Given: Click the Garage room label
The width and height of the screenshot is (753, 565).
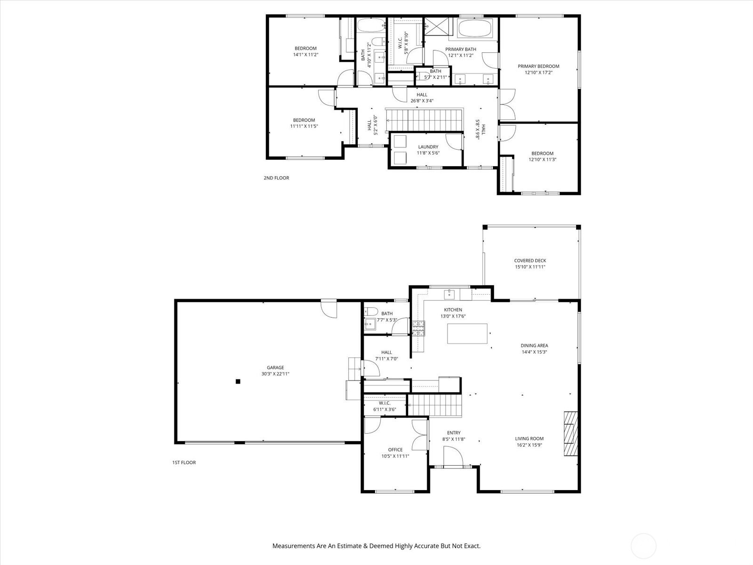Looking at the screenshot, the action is (x=275, y=367).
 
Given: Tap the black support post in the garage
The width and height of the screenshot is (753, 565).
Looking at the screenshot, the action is (x=238, y=381).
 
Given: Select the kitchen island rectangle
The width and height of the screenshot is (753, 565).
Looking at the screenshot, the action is (x=467, y=333).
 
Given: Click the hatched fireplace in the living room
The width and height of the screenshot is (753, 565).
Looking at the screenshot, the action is (x=570, y=434).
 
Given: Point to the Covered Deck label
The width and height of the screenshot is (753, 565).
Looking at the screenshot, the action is (x=530, y=261).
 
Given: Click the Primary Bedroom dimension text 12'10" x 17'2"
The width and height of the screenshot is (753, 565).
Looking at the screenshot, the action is (x=538, y=73).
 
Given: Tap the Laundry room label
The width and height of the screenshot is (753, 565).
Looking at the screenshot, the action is (x=428, y=147).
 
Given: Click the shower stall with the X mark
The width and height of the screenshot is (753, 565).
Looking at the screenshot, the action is (x=437, y=26).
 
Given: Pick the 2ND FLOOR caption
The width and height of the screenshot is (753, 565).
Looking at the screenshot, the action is (x=276, y=178).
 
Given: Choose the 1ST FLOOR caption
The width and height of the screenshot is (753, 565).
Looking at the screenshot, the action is (x=184, y=462).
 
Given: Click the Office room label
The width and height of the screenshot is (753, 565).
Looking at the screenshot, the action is (x=395, y=450).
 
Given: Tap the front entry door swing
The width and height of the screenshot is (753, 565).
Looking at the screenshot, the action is (x=453, y=456).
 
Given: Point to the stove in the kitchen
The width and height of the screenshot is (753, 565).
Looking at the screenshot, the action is (x=418, y=328).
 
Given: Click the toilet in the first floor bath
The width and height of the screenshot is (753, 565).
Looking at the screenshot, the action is (x=370, y=312).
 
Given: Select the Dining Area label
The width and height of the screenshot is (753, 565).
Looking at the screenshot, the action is (x=534, y=346).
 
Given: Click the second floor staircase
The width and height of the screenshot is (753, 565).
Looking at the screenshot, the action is (x=425, y=120).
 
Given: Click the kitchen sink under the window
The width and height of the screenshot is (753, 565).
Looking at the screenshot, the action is (x=449, y=294).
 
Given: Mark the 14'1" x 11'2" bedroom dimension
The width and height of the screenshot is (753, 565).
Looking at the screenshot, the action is (x=305, y=55).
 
